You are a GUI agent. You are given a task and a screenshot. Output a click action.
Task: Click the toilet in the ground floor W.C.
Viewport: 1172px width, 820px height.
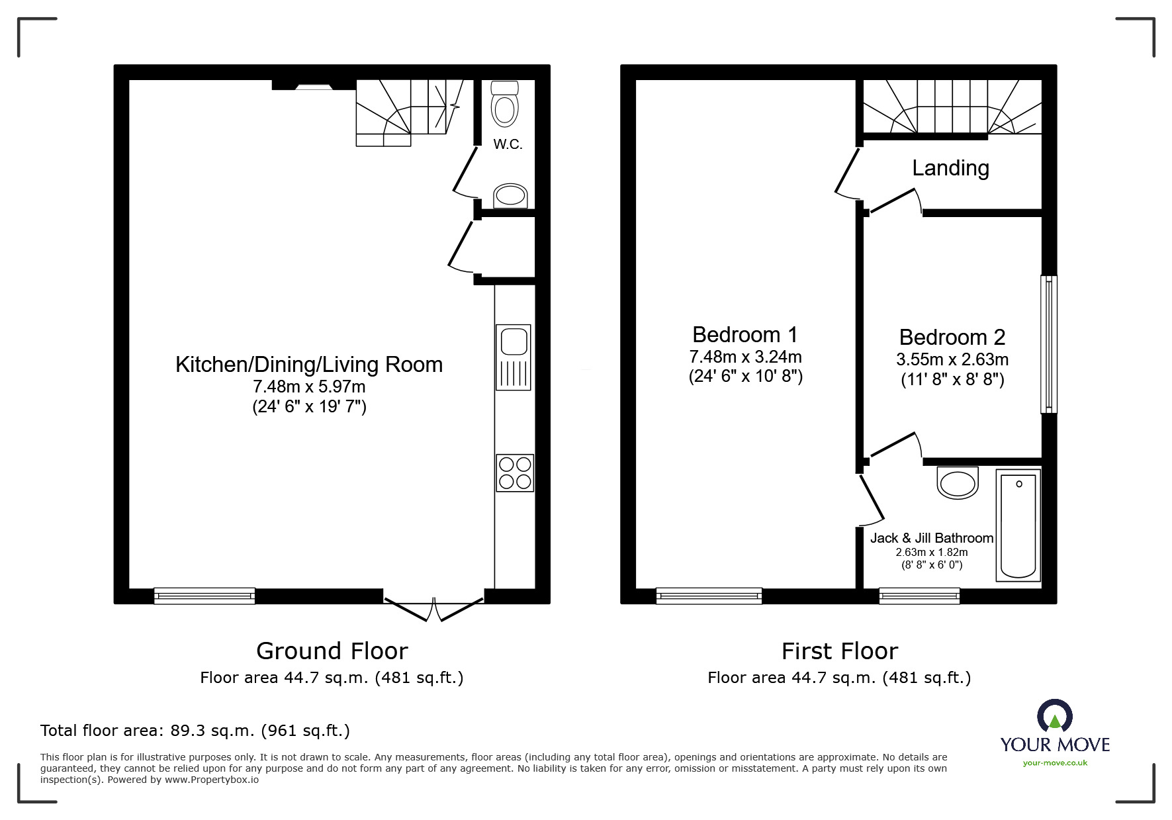point(505,105)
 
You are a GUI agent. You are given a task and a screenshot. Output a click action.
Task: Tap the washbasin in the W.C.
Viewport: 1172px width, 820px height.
point(511,196)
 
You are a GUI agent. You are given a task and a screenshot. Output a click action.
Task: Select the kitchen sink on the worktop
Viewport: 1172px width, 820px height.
point(514,357)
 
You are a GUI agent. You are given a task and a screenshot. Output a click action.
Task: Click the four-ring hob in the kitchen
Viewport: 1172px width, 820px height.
point(515,473)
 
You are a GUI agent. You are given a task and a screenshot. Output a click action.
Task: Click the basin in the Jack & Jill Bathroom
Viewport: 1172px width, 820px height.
point(958,483)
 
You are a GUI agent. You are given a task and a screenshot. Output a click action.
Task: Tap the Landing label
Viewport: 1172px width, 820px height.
point(950,168)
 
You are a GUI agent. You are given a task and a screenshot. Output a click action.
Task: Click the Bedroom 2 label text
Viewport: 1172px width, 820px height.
point(952,338)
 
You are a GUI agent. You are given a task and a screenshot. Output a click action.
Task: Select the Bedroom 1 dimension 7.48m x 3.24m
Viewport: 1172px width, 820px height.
point(745,357)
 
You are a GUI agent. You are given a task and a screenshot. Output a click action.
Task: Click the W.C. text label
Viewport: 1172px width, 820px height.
point(508,144)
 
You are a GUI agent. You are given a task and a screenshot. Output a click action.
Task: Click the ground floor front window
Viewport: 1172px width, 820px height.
point(204,596)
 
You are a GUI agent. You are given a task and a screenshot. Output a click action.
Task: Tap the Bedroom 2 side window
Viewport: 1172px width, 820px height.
point(1048,344)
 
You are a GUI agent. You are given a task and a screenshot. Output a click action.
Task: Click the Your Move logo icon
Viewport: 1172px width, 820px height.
point(1054,717)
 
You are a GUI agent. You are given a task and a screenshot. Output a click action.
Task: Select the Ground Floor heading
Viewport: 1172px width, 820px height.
point(332,651)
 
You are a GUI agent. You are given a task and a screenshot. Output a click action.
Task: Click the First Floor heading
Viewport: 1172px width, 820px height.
point(839,651)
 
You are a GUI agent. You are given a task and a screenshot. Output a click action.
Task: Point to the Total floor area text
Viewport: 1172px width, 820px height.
point(195,731)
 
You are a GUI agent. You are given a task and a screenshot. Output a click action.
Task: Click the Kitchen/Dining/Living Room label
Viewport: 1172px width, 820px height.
point(308,365)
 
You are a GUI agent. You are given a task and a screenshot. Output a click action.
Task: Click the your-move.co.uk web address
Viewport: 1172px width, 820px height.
point(1055,763)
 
